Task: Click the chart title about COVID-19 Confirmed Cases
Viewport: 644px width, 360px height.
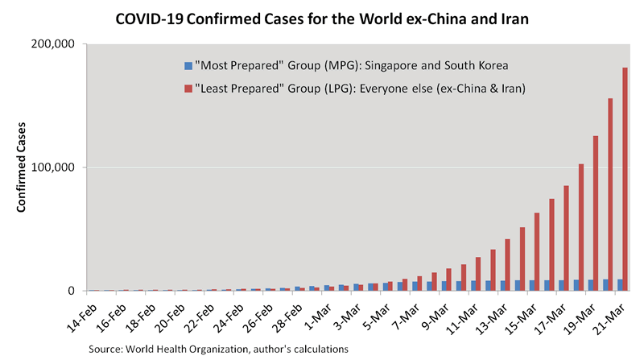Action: tap(322, 18)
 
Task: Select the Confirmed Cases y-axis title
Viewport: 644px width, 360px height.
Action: tap(23, 168)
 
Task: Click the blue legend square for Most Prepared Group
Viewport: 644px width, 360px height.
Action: tap(188, 64)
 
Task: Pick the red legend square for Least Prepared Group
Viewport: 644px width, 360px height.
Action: tap(188, 88)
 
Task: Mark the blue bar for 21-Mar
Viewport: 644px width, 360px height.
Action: tap(618, 285)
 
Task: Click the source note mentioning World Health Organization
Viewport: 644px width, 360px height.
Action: tap(219, 349)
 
